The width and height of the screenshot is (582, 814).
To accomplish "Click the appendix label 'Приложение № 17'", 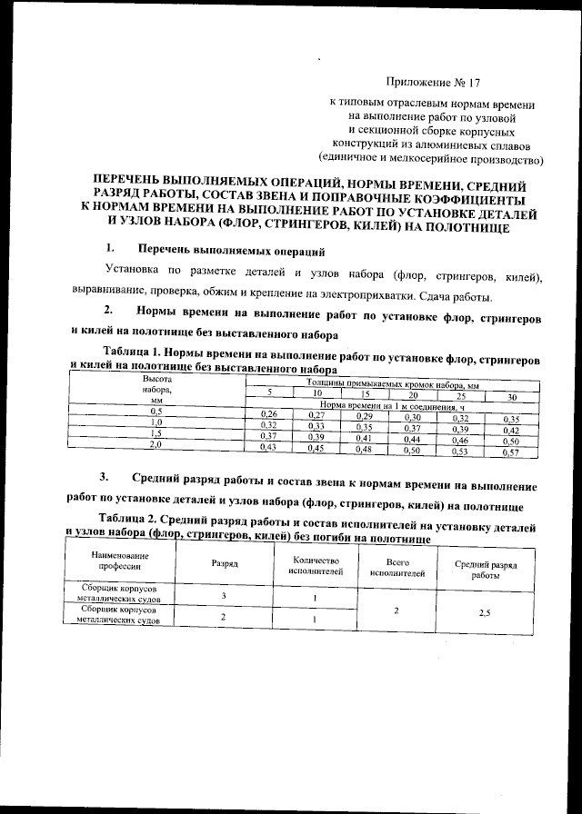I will click(432, 83).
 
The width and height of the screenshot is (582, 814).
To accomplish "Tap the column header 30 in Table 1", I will click(511, 396).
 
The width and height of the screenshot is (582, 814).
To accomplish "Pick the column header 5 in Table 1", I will click(268, 392).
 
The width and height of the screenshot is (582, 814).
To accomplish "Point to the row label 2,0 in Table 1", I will click(156, 445).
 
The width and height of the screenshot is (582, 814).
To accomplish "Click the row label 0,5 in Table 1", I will click(156, 412).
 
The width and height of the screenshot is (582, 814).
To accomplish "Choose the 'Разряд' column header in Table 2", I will click(225, 564).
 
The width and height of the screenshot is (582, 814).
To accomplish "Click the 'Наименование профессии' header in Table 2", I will click(110, 560).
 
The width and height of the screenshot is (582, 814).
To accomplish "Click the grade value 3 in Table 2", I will click(224, 595).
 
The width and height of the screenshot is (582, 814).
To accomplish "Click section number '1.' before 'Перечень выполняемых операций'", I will click(110, 248).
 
